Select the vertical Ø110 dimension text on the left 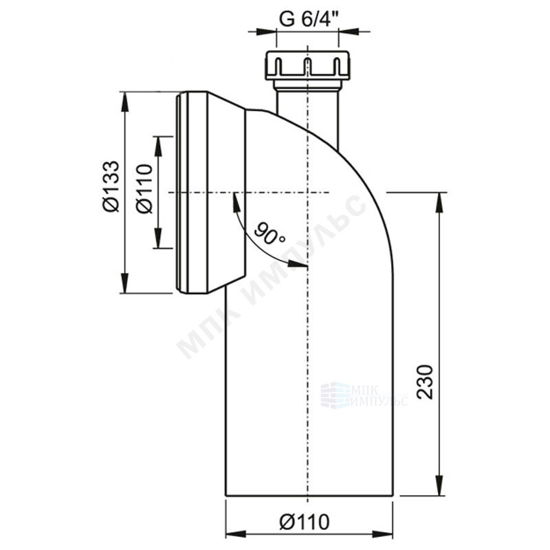click(x=144, y=188)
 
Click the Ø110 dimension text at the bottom click(x=305, y=522)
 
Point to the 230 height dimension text click(x=425, y=382)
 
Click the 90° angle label click(x=269, y=233)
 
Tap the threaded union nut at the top click(x=307, y=65)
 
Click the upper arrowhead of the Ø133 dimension click(x=124, y=102)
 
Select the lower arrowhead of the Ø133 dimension click(x=124, y=283)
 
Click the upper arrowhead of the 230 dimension click(x=439, y=203)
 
